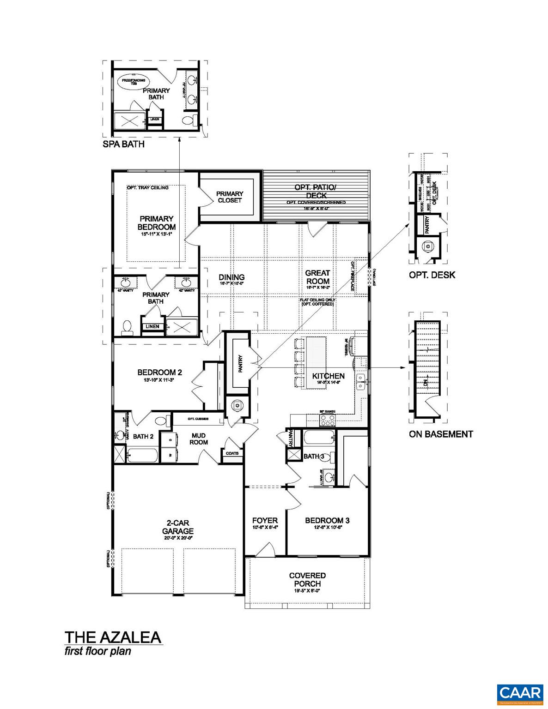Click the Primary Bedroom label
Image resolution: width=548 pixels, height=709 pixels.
[156, 222]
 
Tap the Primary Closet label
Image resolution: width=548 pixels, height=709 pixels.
[230, 197]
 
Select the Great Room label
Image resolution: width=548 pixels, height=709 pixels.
[317, 277]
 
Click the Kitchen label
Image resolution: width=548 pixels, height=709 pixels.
[328, 376]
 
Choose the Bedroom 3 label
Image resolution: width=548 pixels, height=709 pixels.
[327, 521]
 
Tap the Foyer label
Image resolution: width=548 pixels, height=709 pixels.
[265, 521]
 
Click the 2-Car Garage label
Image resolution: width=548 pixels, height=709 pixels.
[180, 527]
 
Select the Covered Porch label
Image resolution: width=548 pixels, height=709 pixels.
[307, 579]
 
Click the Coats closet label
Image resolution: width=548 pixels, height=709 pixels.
[232, 453]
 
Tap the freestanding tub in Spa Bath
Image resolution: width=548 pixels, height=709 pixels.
[133, 82]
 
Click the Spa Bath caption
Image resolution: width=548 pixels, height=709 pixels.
[123, 144]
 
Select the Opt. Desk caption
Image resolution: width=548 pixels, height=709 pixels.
[432, 275]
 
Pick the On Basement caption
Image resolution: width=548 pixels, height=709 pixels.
[440, 434]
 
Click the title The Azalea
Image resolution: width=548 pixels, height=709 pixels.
[113, 637]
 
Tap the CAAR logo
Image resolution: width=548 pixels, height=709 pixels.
[520, 693]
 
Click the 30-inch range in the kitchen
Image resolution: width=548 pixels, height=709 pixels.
[328, 420]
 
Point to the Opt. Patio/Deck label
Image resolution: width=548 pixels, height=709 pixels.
[316, 191]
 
